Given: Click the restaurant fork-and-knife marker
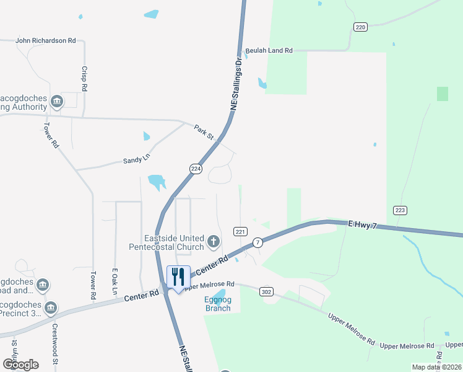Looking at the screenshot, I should [x=178, y=276].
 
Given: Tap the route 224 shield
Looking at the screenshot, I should [x=196, y=169].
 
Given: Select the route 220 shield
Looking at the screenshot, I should [x=361, y=27].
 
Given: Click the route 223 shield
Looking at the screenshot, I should [x=400, y=210].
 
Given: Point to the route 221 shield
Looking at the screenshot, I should [x=241, y=231].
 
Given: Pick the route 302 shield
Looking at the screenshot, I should [x=267, y=291].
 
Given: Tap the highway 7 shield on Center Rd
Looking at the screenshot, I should [x=258, y=241].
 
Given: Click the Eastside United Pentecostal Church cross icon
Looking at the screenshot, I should [x=214, y=241].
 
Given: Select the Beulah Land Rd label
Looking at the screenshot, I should [x=269, y=51].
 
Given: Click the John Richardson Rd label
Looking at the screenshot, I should [x=45, y=40].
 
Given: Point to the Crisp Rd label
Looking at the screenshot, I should [x=84, y=79].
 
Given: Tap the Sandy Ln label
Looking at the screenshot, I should [x=137, y=159].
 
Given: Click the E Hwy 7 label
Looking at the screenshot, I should [x=362, y=224].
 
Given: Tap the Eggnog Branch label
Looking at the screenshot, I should [x=218, y=304].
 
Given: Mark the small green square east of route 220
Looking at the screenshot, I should [x=442, y=94].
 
